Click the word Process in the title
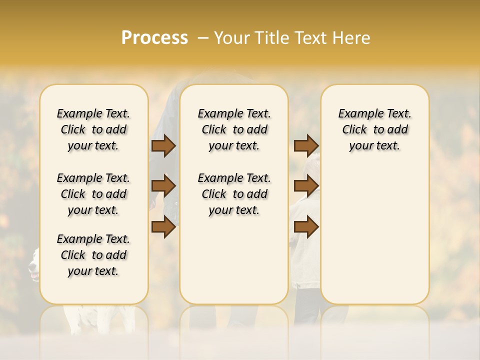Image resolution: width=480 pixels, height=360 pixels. point(154,37)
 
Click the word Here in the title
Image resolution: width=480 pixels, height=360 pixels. point(352,37)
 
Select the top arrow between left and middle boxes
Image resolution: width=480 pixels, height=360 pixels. point(163,146)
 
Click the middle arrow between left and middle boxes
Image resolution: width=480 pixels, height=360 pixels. point(163,186)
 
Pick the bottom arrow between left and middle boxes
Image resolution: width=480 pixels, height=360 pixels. point(163,227)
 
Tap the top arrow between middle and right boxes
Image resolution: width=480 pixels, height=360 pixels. point(306,146)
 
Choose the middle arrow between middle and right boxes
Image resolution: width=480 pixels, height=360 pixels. point(306,186)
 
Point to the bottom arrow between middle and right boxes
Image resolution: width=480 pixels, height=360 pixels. point(306,227)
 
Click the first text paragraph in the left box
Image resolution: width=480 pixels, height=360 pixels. point(93,129)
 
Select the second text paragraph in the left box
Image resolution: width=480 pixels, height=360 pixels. point(93,194)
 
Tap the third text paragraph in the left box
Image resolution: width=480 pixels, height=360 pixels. point(93,255)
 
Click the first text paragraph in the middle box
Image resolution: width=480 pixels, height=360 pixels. point(234,129)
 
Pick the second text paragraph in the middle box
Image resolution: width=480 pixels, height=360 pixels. point(234,194)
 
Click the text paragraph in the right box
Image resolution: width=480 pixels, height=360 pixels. point(375,129)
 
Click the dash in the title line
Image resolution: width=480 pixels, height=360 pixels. point(202,38)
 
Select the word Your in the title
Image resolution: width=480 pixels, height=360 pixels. point(231,37)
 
